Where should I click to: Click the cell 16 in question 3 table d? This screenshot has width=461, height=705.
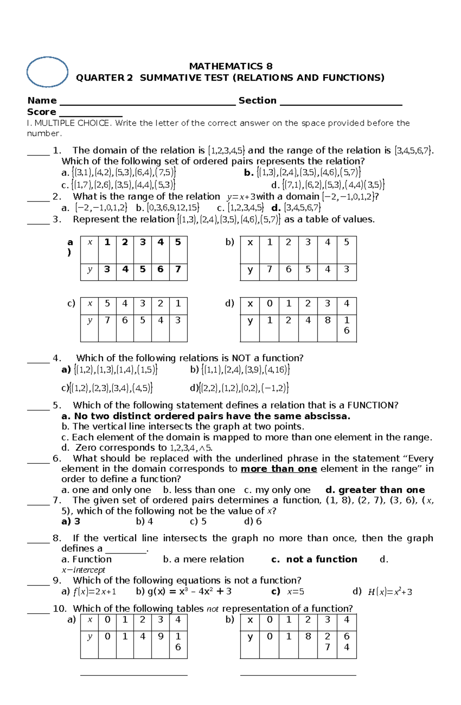[x=347, y=325]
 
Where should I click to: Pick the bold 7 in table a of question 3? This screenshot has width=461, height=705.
[x=178, y=269]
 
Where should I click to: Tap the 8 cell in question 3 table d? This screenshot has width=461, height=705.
[x=327, y=320]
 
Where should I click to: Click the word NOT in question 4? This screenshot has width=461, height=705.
[x=241, y=358]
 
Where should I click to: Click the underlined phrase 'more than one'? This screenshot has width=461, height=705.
[x=279, y=469]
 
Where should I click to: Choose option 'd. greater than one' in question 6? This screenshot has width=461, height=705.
[x=375, y=490]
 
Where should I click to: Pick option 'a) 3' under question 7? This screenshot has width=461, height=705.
[x=71, y=521]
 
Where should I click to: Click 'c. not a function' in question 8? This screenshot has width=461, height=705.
[x=314, y=559]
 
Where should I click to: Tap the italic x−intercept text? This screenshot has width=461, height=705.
[x=83, y=570]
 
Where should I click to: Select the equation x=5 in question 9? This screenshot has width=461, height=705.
[x=295, y=592]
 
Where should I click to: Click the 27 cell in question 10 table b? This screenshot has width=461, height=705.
[x=327, y=642]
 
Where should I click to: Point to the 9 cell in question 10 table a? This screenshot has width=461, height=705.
[x=161, y=637]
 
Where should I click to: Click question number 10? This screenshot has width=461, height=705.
[x=60, y=609]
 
